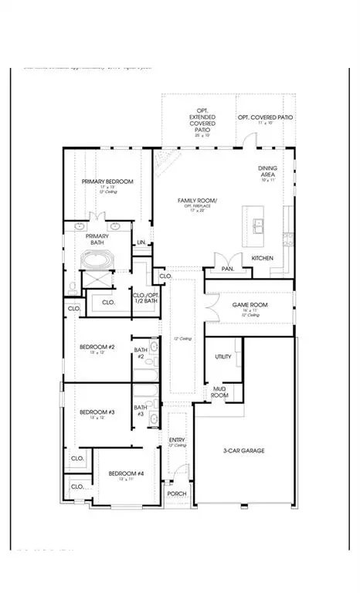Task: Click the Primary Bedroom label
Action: coord(108,181)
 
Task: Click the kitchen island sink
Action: coord(258,225)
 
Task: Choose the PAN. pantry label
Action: coord(228,269)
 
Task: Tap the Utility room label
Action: coord(224,357)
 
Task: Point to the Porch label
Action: coord(177,494)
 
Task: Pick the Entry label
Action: coord(177,440)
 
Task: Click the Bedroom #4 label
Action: coord(126,473)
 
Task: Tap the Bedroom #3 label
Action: coord(97,412)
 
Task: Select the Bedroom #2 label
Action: coord(97,347)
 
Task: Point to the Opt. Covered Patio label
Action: coord(265,117)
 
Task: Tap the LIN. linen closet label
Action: coord(141,242)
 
